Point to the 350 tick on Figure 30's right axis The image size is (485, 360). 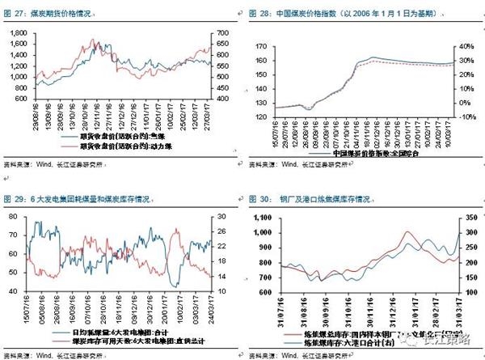468,217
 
